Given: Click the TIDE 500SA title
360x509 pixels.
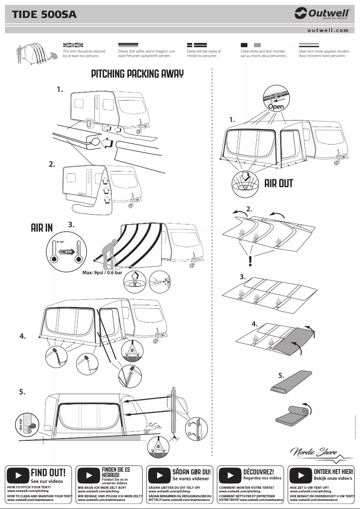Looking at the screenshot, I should pyautogui.click(x=44, y=15).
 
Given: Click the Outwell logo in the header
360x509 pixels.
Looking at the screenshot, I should pyautogui.click(x=321, y=14).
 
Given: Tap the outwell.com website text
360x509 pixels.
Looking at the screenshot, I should pyautogui.click(x=328, y=31).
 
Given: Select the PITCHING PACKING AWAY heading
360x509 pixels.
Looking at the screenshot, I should pyautogui.click(x=137, y=74).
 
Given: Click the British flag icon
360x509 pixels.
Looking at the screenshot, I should pyautogui.click(x=73, y=45).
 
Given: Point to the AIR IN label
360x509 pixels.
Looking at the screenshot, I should pyautogui.click(x=42, y=228).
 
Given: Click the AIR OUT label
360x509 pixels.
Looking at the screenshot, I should pyautogui.click(x=278, y=183).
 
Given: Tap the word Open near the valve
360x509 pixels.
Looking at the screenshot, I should pyautogui.click(x=276, y=106).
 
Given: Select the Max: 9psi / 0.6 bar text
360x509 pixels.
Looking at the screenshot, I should pyautogui.click(x=102, y=272).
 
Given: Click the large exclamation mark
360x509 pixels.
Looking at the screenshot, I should pyautogui.click(x=250, y=261).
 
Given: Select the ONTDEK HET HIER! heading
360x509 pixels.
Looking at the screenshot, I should pyautogui.click(x=333, y=472).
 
